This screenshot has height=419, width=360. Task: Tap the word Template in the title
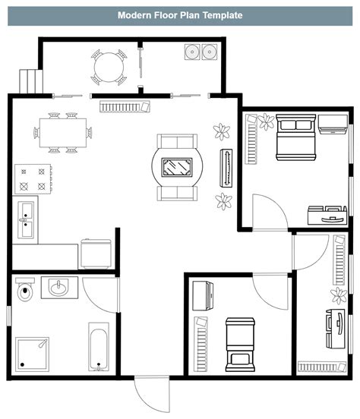click(221, 14)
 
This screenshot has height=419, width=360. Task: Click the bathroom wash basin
click(58, 287)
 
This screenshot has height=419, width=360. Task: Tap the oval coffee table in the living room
click(177, 166)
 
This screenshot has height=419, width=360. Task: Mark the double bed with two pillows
click(294, 137)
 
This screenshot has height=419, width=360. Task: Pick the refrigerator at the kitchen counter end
click(96, 252)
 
